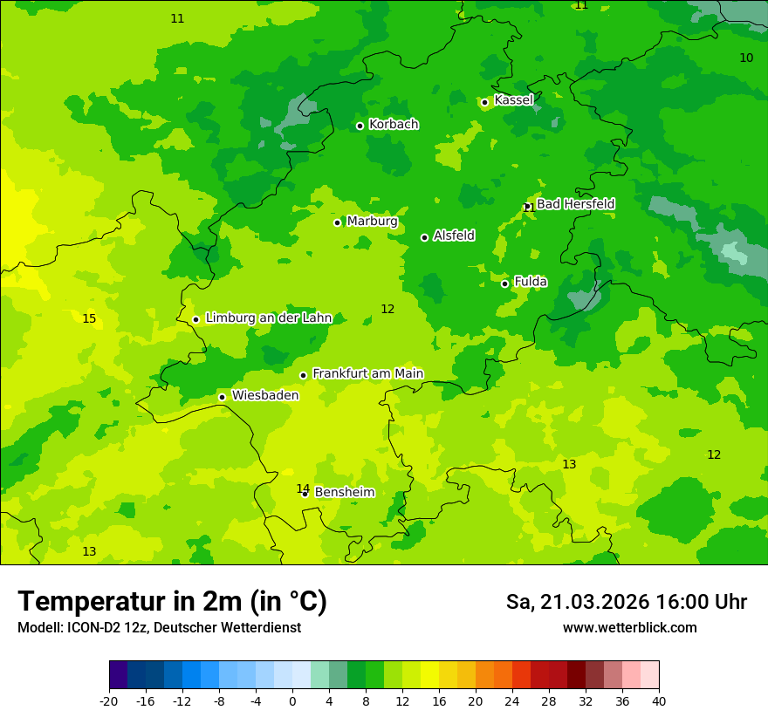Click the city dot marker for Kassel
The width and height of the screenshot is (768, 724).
tap(485, 102)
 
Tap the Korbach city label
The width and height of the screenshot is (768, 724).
tap(394, 125)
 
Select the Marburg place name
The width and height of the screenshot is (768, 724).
tap(372, 222)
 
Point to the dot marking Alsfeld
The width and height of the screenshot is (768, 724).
tap(425, 237)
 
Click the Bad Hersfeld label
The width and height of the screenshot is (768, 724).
tap(575, 204)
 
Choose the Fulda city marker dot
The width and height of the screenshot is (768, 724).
tap(505, 283)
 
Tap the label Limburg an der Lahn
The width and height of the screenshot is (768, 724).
tap(269, 318)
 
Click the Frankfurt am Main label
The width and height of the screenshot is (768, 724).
tap(367, 374)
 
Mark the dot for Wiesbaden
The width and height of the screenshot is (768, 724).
tap(223, 397)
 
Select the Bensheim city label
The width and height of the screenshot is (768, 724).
tap(345, 493)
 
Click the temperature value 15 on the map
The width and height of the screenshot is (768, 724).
tap(89, 318)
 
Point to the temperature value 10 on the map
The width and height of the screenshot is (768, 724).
tap(746, 58)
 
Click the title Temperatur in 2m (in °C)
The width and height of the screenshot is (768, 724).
tap(172, 602)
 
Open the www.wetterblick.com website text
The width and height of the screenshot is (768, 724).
tap(629, 628)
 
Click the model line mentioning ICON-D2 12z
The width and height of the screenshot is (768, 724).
tap(159, 628)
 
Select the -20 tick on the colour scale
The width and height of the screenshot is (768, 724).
tap(109, 700)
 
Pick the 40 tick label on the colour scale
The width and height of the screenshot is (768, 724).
tap(659, 700)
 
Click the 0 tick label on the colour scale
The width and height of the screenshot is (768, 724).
tap(292, 700)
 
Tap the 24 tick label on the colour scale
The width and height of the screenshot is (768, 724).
tap(512, 700)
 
